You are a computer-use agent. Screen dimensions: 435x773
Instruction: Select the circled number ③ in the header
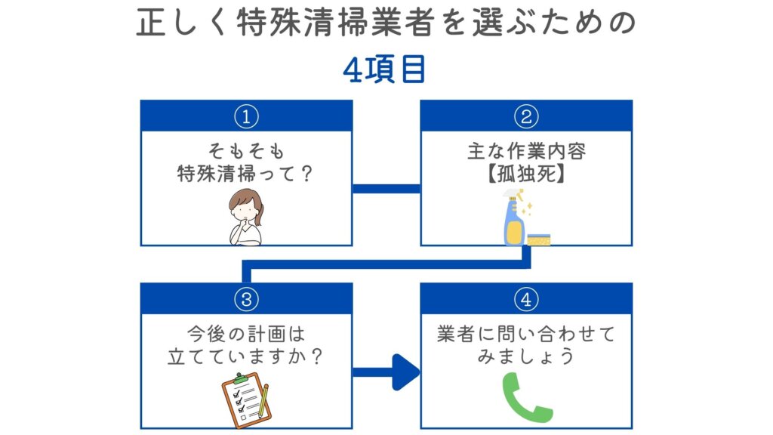(x=246, y=299)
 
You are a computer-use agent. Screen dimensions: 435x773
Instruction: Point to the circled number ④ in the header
(x=525, y=299)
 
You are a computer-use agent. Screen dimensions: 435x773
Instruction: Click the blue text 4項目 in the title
(x=385, y=69)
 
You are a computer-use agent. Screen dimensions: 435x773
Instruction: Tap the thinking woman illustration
(x=245, y=219)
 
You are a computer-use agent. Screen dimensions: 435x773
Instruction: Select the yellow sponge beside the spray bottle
(x=539, y=239)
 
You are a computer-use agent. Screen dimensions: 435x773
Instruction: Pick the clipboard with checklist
(x=239, y=397)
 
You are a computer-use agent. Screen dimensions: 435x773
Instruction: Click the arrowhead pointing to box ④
(x=406, y=372)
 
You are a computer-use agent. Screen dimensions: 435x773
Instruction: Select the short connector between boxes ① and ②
(x=386, y=188)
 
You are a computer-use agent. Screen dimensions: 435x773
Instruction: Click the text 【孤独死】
(x=526, y=172)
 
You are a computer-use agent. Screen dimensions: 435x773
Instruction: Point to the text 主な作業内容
(x=526, y=151)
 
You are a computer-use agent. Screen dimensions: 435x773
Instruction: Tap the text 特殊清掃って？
(x=246, y=172)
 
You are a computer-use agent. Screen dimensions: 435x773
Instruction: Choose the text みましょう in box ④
(x=526, y=356)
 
